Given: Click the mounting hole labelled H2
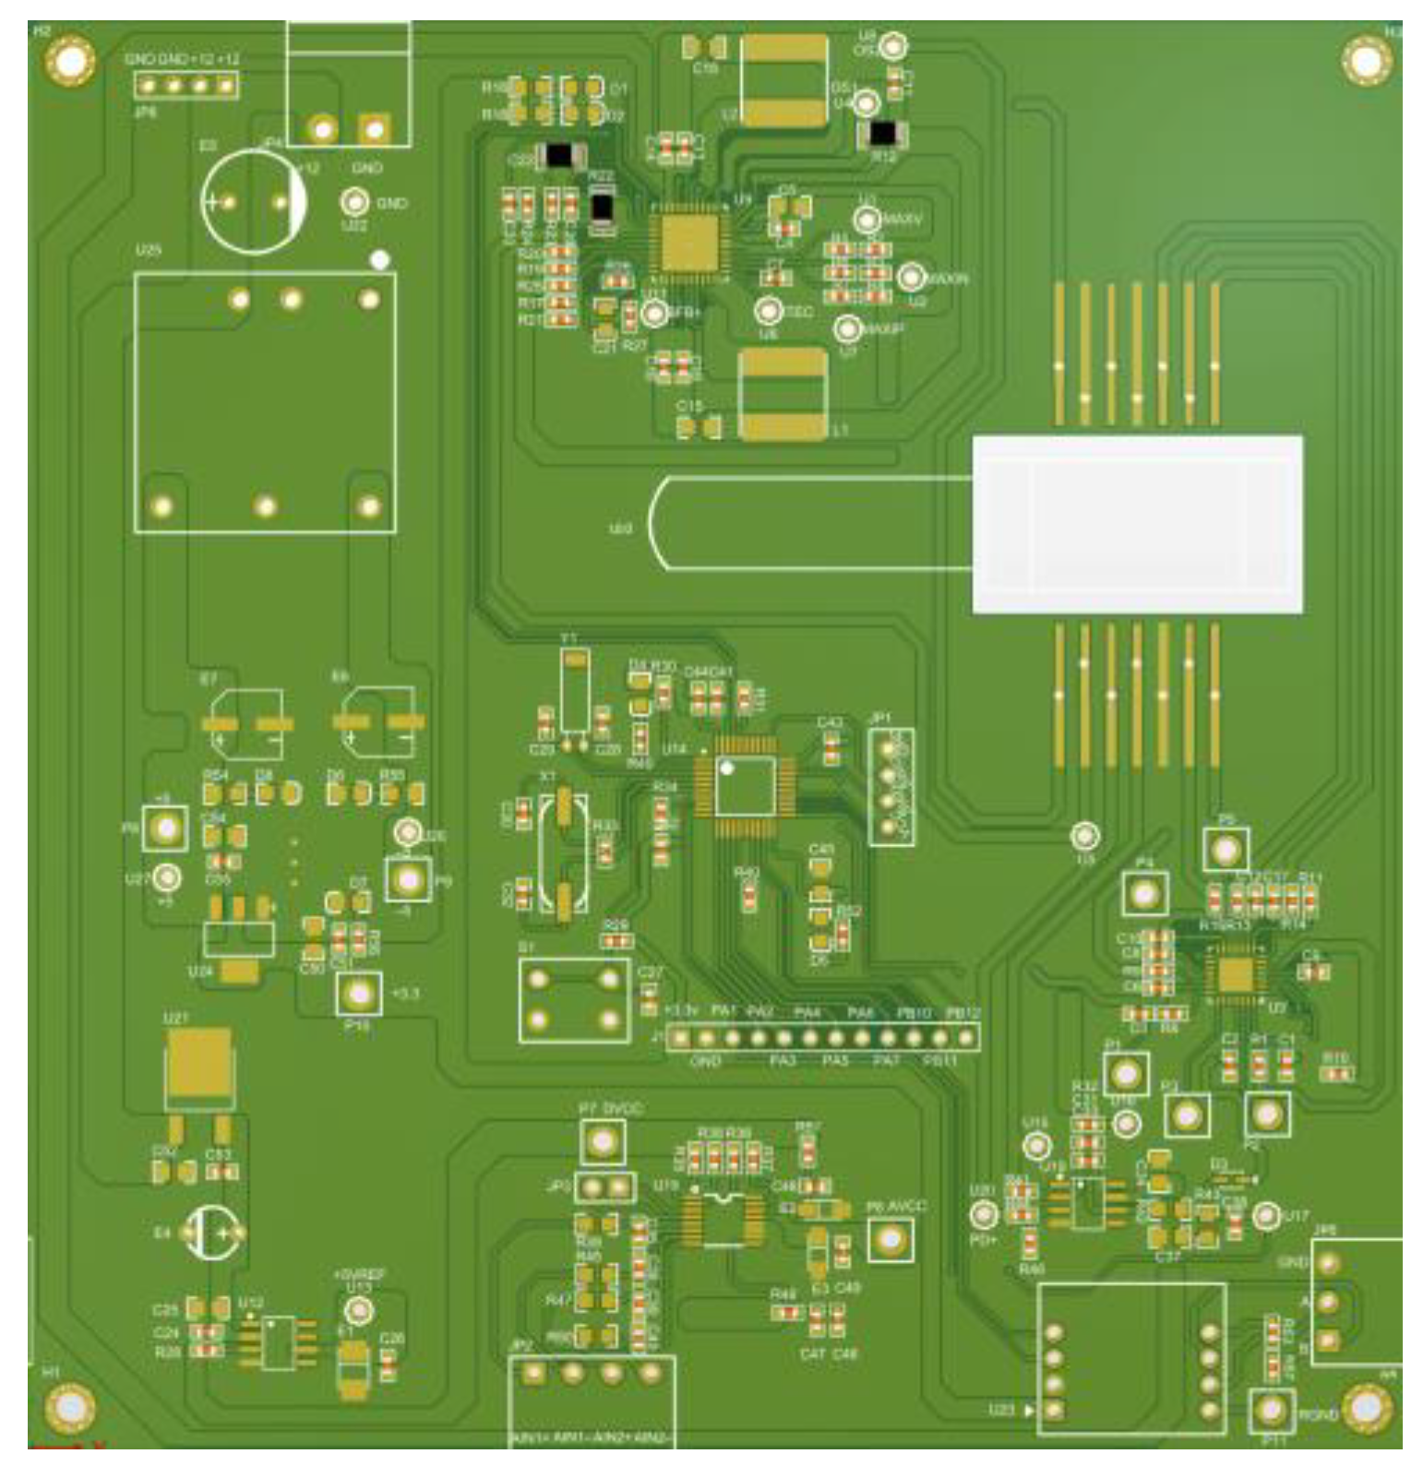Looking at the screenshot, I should (x=69, y=63).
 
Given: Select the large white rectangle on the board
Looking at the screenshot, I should (x=1137, y=524).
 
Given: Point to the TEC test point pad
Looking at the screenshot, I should (x=769, y=311).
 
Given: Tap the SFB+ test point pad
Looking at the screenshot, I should (x=654, y=314).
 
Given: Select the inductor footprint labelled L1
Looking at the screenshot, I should (x=783, y=394).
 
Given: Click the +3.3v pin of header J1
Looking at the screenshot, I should (x=680, y=1038).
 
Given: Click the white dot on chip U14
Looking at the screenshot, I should (x=727, y=768).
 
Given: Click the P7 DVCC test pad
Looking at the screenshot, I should (x=602, y=1142).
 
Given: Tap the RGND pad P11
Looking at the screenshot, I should (x=1272, y=1411).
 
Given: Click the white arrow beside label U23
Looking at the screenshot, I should (x=1031, y=1410).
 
